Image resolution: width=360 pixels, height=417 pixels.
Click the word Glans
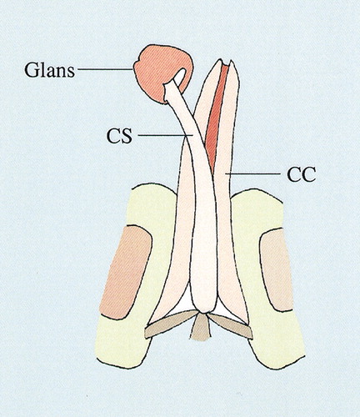click(x=49, y=70)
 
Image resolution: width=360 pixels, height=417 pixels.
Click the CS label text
click(x=120, y=135)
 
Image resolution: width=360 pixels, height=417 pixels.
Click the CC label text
click(x=302, y=174)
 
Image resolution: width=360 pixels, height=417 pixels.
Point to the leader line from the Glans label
click(x=105, y=68)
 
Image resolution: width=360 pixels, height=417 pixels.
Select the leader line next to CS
click(x=166, y=135)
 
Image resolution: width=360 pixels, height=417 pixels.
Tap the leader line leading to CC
click(x=252, y=173)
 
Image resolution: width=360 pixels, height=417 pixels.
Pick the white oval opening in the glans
click(x=180, y=76)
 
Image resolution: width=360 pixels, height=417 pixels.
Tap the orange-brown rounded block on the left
click(x=126, y=272)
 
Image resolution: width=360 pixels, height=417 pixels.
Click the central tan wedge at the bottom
click(x=199, y=327)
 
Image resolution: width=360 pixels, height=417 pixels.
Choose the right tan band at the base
click(x=231, y=326)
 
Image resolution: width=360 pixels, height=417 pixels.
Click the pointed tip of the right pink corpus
click(x=232, y=61)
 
